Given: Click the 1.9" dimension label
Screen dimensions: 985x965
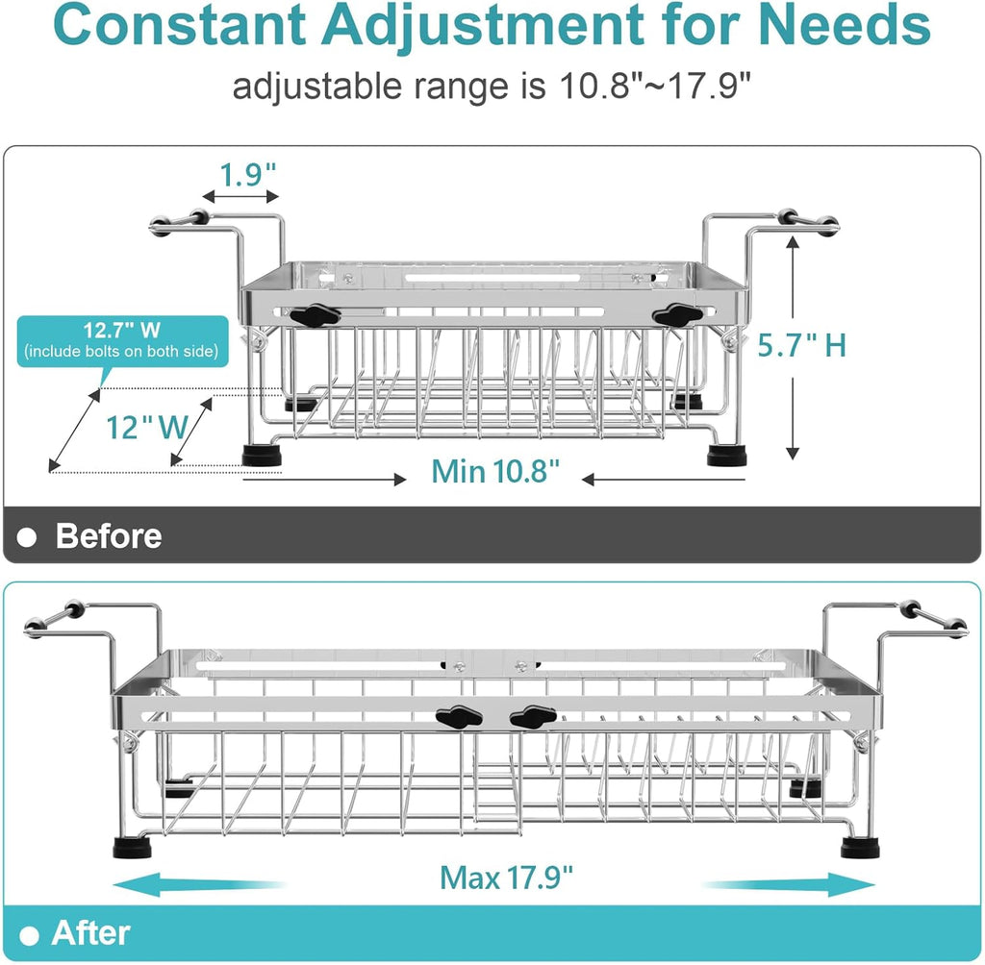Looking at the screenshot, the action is [x=247, y=175].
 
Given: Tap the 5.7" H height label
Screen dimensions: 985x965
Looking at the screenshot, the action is [x=801, y=345].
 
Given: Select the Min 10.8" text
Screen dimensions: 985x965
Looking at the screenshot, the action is [x=495, y=471].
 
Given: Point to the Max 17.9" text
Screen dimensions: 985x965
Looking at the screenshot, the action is [x=506, y=878].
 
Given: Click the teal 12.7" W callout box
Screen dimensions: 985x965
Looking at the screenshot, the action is [x=122, y=341].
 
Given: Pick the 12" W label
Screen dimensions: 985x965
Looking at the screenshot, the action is [x=147, y=428].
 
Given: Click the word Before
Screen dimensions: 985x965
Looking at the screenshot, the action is [x=109, y=535].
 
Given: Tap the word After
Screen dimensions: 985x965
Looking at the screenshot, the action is [x=90, y=933].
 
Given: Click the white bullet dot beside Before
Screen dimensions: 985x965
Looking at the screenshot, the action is [x=27, y=537].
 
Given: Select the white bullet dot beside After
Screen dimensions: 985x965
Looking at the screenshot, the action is [x=29, y=936].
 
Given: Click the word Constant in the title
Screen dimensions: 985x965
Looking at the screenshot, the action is [x=180, y=25].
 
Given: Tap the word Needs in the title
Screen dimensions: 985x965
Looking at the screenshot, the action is [x=845, y=25].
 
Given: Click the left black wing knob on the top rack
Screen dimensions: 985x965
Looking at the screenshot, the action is [x=315, y=314].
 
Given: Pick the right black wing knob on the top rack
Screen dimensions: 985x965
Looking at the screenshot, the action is [x=678, y=314].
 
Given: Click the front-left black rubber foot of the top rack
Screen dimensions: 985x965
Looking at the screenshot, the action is [x=263, y=455].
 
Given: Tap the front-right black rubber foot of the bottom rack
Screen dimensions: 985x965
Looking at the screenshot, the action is [x=860, y=849].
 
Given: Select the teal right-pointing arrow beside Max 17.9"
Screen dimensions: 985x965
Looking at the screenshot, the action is [x=789, y=885].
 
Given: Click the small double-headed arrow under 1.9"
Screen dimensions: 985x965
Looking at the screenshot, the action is [x=240, y=197].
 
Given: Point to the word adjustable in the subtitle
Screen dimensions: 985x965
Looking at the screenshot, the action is [x=316, y=87].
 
